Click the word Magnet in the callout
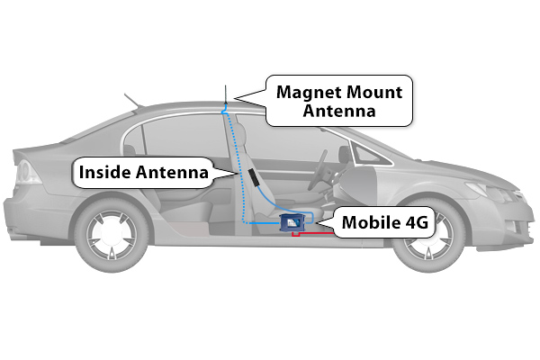309,93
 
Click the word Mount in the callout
374,93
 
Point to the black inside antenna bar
254,177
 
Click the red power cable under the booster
312,234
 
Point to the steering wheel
318,170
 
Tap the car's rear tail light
24,172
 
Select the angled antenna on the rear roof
131,100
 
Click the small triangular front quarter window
369,154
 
